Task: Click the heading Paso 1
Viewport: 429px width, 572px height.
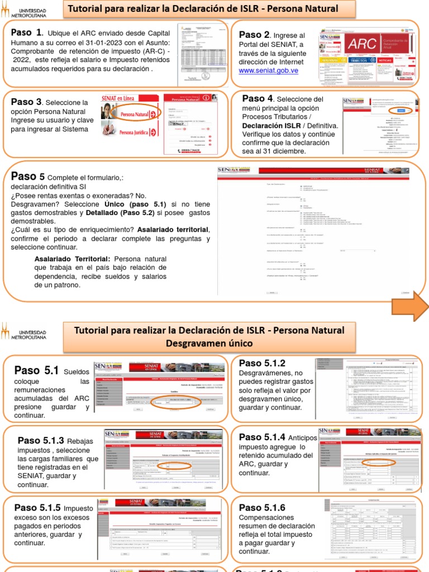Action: coord(26,32)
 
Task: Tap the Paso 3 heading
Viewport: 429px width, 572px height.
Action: coord(26,102)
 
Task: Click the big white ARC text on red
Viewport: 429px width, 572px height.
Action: coord(361,44)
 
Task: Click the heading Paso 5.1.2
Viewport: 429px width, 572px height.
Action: coord(262,363)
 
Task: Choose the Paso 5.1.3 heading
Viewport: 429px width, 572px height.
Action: coord(41,440)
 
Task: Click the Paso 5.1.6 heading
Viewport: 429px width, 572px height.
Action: coord(262,507)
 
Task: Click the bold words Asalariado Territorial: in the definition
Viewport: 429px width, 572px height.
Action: coord(73,259)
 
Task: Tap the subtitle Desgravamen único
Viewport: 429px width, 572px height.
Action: coord(209,342)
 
